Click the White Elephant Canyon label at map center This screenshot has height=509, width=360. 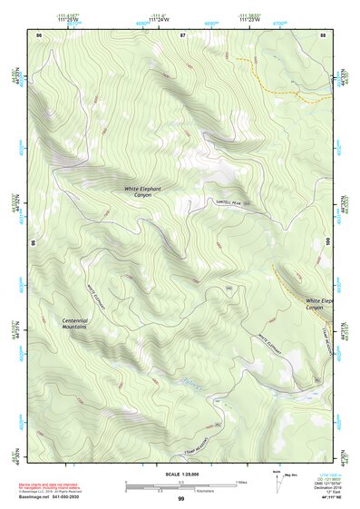coord(143,191)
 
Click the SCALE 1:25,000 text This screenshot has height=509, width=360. coord(181,474)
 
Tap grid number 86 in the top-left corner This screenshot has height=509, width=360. coord(38,34)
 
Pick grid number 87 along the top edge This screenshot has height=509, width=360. coord(182,34)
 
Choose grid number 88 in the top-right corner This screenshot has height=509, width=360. coord(323,34)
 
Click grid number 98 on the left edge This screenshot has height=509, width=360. coord(34,243)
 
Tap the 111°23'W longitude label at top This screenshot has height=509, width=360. coord(248,17)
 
